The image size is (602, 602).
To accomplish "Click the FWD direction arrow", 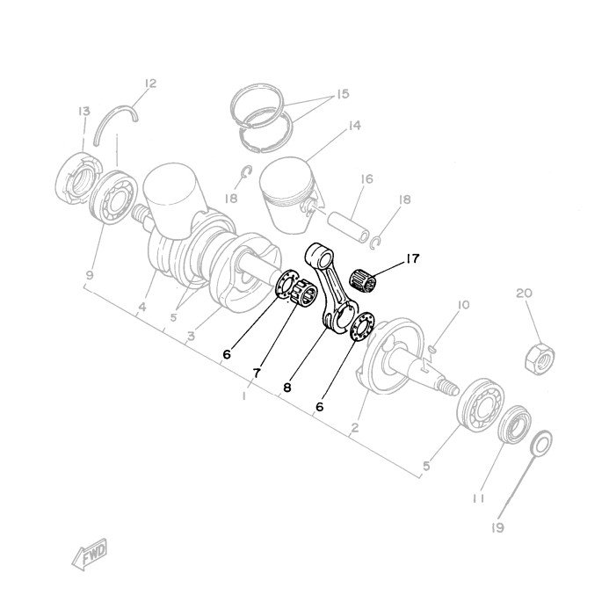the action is (90, 554).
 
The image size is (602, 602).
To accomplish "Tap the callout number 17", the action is (412, 258).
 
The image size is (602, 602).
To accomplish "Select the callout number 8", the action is (287, 388).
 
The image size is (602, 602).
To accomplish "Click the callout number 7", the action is (257, 373).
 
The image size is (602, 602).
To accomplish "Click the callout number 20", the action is (524, 294).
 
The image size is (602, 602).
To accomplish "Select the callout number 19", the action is (497, 528).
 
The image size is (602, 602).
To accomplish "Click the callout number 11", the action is (478, 498).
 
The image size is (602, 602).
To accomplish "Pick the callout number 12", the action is (150, 83).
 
